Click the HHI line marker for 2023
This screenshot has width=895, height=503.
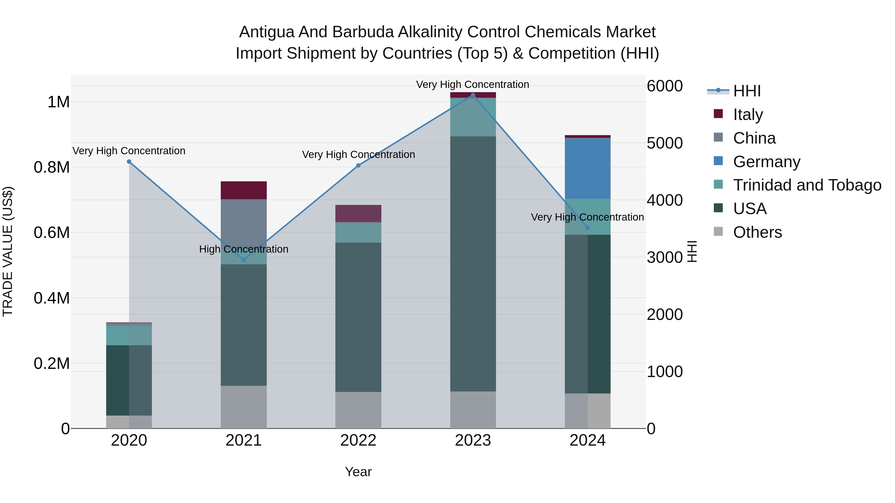pyautogui.click(x=473, y=95)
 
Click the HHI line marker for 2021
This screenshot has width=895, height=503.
pyautogui.click(x=244, y=260)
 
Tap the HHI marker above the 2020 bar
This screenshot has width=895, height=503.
pyautogui.click(x=129, y=161)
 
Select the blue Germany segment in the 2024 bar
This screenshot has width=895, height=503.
pyautogui.click(x=587, y=168)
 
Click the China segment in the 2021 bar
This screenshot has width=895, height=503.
pyautogui.click(x=244, y=219)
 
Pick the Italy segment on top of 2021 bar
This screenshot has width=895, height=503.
pyautogui.click(x=244, y=190)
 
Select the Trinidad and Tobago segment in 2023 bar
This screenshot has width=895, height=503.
pyautogui.click(x=473, y=117)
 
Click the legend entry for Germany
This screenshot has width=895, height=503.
pyautogui.click(x=766, y=162)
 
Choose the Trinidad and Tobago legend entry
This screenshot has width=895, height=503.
pyautogui.click(x=807, y=185)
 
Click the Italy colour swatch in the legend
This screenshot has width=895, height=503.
pyautogui.click(x=718, y=114)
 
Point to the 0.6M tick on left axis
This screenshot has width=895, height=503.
pyautogui.click(x=52, y=232)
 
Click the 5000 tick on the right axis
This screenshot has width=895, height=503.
pyautogui.click(x=665, y=143)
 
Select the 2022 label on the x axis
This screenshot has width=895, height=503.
pyautogui.click(x=358, y=440)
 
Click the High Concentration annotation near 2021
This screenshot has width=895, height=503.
pyautogui.click(x=244, y=249)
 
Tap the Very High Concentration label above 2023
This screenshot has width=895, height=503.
pyautogui.click(x=473, y=84)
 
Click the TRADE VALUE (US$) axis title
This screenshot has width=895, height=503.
pyautogui.click(x=8, y=251)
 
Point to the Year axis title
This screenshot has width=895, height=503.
pyautogui.click(x=358, y=472)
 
